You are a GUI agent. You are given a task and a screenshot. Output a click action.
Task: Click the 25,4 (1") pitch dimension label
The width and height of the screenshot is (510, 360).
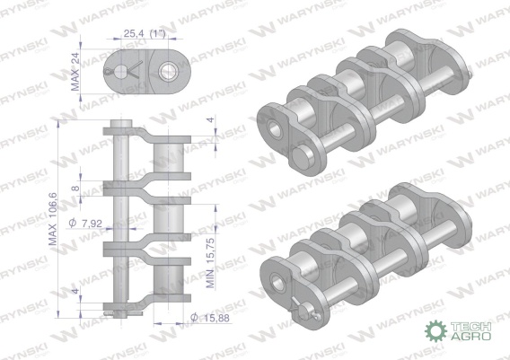click(145, 33)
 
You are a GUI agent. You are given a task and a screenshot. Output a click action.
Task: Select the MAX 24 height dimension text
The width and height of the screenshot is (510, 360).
click(75, 71)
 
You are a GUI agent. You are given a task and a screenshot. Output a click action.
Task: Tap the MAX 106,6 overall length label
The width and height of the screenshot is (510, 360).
click(53, 219)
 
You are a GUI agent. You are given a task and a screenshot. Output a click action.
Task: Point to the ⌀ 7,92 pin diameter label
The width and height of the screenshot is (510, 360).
click(85, 223)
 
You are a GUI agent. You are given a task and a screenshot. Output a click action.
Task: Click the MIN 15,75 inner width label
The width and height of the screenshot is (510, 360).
click(210, 263)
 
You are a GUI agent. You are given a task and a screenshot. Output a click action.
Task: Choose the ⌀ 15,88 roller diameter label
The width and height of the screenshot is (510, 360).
click(210, 318)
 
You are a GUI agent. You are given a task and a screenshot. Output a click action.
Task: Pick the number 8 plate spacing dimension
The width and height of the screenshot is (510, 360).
click(75, 188)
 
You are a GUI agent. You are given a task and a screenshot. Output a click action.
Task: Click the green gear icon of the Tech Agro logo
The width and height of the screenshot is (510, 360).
click(435, 330)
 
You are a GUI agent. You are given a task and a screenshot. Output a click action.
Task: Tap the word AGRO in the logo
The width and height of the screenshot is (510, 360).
click(470, 336)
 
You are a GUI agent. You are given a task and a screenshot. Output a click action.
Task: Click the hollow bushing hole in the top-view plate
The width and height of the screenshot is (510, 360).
click(168, 71)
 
